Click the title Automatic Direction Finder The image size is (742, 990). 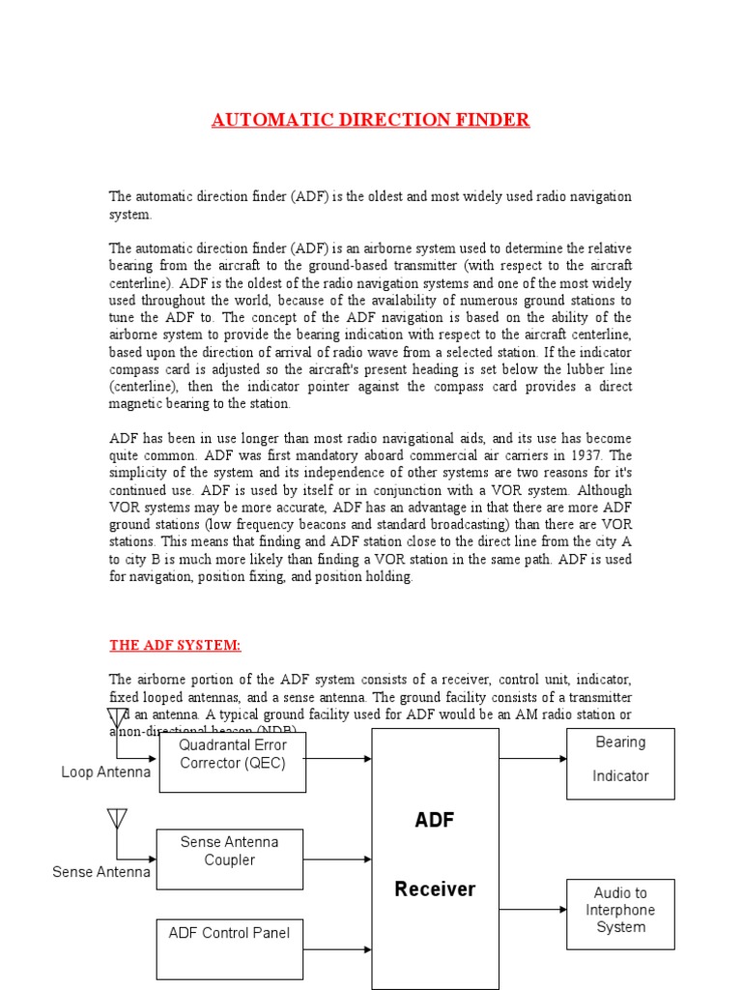click(370, 120)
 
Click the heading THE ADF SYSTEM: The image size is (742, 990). click(175, 645)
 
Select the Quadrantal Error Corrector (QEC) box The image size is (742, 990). click(232, 762)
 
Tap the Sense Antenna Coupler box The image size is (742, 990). click(230, 859)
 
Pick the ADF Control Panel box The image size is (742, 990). click(230, 947)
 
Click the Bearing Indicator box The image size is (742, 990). click(620, 763)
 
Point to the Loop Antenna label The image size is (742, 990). click(105, 772)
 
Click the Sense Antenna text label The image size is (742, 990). click(101, 872)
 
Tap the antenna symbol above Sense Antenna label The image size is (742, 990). click(117, 819)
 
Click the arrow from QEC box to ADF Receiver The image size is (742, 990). click(338, 759)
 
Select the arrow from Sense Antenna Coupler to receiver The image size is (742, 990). click(337, 858)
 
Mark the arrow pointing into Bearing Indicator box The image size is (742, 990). click(532, 759)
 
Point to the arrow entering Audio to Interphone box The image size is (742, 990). click(532, 910)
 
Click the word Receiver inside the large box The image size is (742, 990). click(435, 889)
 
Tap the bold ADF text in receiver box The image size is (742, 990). click(435, 821)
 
